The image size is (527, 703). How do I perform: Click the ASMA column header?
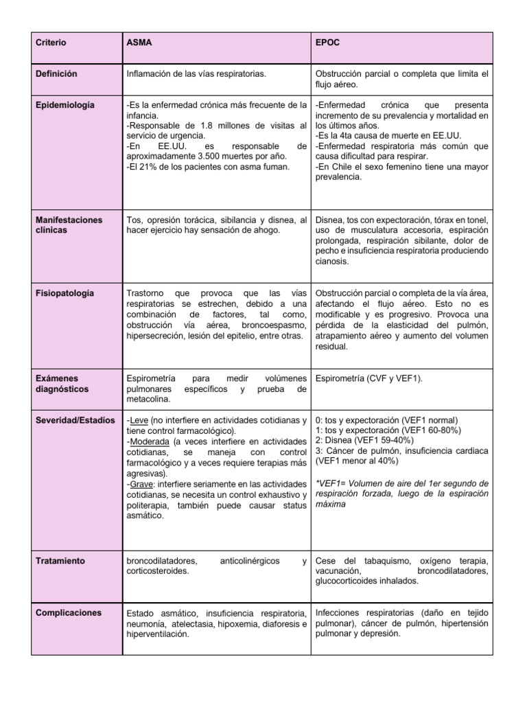click(139, 43)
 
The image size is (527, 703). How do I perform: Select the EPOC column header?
click(327, 43)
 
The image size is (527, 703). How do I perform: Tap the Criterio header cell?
click(51, 43)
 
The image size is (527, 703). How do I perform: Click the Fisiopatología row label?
click(65, 293)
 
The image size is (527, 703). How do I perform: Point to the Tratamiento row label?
click(60, 561)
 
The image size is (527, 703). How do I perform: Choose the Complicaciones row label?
click(69, 612)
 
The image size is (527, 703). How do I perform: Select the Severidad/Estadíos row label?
click(75, 420)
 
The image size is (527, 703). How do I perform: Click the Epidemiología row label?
click(66, 105)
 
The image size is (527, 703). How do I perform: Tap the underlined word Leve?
click(139, 420)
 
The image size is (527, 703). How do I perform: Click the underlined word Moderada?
click(150, 441)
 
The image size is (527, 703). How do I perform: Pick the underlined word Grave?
click(141, 484)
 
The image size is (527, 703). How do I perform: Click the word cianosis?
click(332, 262)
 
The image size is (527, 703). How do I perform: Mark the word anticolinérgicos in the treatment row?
click(250, 561)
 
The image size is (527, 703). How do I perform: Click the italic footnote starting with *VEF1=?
click(401, 494)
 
